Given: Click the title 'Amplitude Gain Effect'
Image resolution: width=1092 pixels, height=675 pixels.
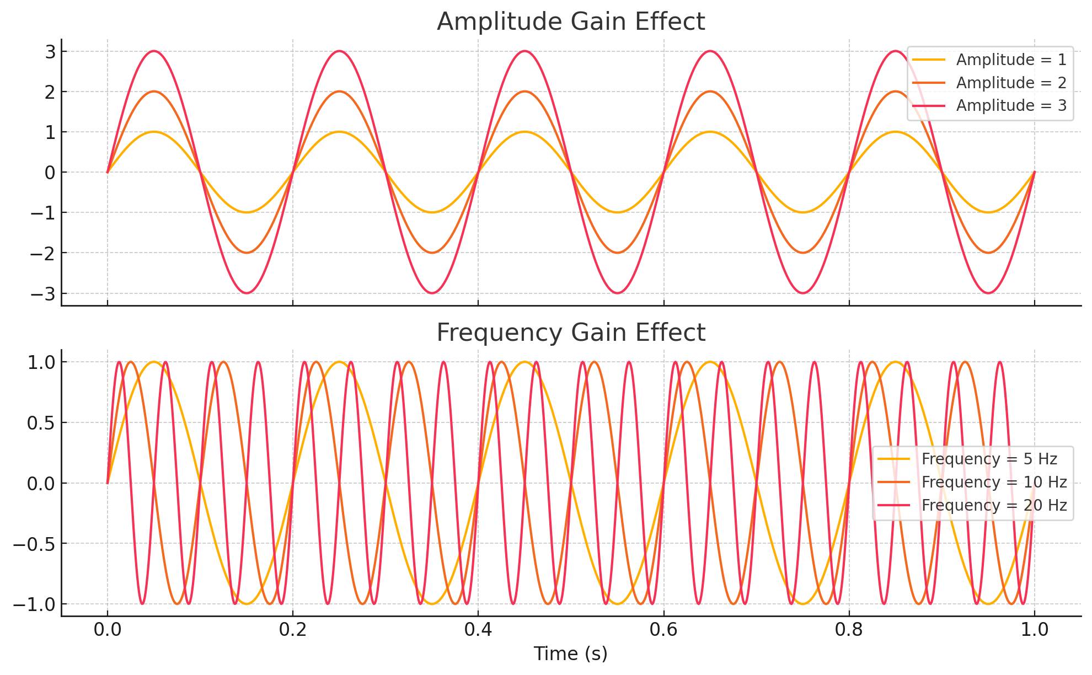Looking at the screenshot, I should (x=571, y=22).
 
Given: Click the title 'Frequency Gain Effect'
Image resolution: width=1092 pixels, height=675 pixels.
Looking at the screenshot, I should (x=571, y=333).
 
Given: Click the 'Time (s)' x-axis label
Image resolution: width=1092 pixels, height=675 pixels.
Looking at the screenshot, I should (x=571, y=653).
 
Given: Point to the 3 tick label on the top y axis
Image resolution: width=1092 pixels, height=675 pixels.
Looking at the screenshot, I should (x=50, y=52).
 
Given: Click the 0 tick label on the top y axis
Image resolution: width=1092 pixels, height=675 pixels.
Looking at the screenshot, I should (x=50, y=173).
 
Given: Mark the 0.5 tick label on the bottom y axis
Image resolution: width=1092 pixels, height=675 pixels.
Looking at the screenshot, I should (x=41, y=423).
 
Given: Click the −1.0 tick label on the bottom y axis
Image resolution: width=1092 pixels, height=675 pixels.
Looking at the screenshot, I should (x=34, y=604).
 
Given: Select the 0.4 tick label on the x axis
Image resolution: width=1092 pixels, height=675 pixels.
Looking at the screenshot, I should (x=478, y=630).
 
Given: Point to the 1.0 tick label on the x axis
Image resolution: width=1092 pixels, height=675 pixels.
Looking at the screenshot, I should (x=1035, y=630).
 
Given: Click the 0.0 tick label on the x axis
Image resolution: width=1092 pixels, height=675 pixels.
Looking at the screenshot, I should (x=108, y=630).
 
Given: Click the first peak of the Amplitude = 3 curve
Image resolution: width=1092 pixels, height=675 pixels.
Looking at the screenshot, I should (x=154, y=51).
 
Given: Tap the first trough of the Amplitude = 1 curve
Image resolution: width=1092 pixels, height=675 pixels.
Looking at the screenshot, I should (x=247, y=212).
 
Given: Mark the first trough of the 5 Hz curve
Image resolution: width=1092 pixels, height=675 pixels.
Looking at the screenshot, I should (x=247, y=604).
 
